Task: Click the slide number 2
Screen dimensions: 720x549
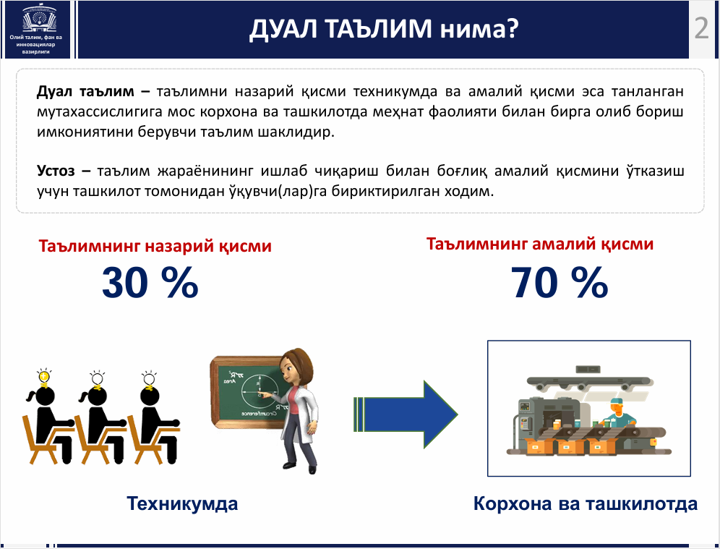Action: click(x=701, y=28)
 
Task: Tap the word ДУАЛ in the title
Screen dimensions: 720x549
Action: click(x=283, y=28)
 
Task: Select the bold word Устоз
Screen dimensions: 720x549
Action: click(x=56, y=171)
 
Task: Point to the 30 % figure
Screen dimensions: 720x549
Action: click(x=150, y=283)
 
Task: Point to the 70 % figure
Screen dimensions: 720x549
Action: click(x=560, y=283)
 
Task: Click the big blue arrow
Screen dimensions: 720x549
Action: click(x=406, y=414)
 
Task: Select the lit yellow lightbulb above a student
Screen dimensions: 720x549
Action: click(x=44, y=378)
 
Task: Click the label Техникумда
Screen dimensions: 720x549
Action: click(x=182, y=503)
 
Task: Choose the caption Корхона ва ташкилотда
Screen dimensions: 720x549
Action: click(x=586, y=503)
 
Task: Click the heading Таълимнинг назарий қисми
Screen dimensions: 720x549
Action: click(x=155, y=246)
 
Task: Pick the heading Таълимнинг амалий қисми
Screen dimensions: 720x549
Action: click(x=540, y=244)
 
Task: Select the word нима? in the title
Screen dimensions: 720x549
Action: click(x=479, y=28)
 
